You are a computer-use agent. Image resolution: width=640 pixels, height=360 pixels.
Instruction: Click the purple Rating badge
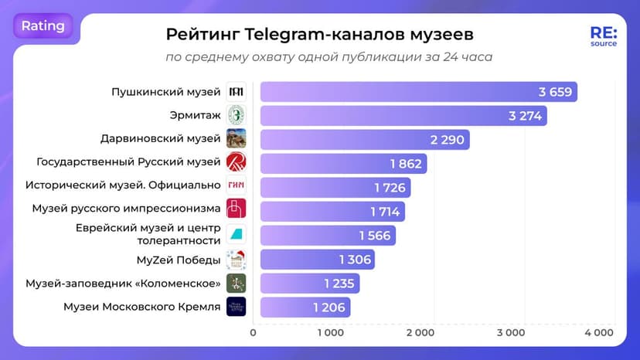pos(43,25)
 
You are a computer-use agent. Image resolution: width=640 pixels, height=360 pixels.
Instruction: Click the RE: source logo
pos(603,37)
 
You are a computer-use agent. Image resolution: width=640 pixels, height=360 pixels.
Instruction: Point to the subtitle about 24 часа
pos(329,57)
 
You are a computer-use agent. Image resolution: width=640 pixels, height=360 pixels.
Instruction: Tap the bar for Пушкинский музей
pos(418,92)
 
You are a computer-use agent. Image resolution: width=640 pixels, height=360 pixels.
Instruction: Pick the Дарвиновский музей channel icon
pos(236,139)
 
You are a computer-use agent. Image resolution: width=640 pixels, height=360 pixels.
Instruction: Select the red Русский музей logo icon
pos(236,163)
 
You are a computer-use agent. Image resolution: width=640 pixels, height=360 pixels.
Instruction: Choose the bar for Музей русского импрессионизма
pos(332,211)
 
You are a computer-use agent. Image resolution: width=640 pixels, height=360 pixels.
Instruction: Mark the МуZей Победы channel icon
pos(236,259)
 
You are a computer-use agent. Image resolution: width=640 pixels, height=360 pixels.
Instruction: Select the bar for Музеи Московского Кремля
pos(305,307)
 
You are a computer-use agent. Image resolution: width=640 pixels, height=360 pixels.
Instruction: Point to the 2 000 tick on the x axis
pos(420,333)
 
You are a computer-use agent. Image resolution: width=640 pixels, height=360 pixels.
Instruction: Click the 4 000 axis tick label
pos(598,333)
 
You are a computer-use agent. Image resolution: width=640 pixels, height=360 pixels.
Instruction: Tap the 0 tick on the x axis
pos(254,333)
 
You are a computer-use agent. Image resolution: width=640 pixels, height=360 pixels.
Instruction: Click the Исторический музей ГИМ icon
pos(236,187)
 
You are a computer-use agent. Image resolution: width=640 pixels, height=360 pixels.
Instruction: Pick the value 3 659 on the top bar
pos(555,92)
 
